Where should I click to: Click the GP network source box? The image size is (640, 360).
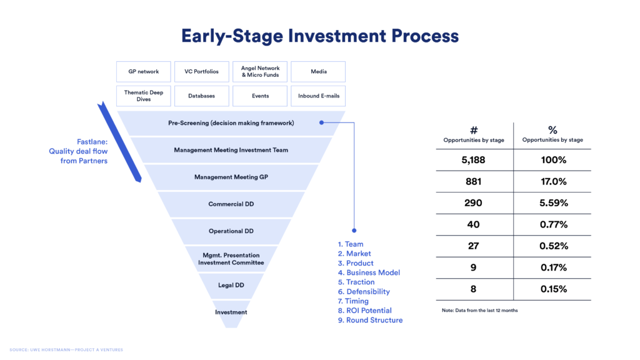[x=144, y=72]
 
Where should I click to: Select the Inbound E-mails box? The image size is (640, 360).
[x=317, y=96]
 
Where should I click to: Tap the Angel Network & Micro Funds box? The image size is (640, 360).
[x=260, y=72]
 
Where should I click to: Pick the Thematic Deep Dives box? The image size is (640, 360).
[x=144, y=96]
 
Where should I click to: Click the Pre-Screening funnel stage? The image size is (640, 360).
[x=231, y=123]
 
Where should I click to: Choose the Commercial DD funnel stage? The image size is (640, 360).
[x=231, y=204]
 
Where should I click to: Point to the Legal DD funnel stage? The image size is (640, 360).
[x=231, y=286]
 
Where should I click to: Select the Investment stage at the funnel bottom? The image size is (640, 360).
[x=231, y=312]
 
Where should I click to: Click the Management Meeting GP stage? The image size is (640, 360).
[x=231, y=177]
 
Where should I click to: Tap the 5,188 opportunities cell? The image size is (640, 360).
[x=473, y=160]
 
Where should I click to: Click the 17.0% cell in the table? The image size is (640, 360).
[x=552, y=182]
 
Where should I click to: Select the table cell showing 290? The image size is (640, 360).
[x=473, y=203]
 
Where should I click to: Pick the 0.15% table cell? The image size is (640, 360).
[x=552, y=289]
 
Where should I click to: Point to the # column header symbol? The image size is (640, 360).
[x=473, y=130]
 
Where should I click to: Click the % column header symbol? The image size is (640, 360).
[x=552, y=130]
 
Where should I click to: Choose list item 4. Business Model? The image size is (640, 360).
[x=369, y=272]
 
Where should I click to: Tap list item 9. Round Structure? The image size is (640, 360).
[x=370, y=320]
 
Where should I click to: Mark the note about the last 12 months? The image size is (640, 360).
[x=479, y=311]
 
